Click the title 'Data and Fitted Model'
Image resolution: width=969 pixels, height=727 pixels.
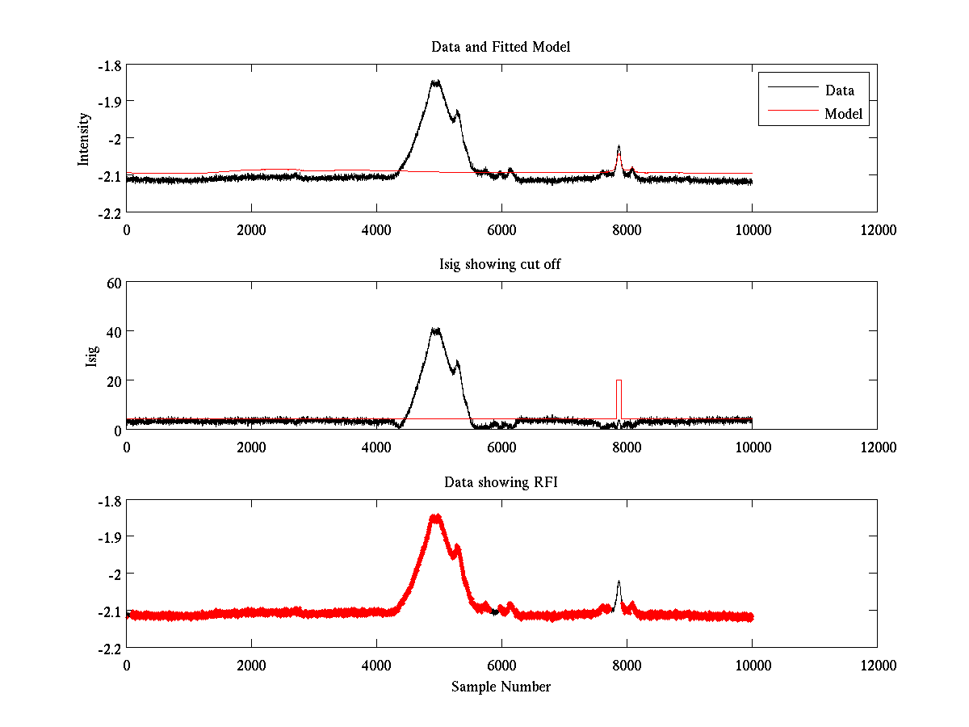coord(501,47)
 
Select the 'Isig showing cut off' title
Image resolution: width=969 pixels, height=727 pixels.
coord(501,265)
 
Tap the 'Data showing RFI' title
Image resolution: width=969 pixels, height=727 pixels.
coord(501,482)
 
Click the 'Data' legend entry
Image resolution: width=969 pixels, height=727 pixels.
coord(839,90)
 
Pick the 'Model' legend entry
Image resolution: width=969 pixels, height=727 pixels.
coord(843,114)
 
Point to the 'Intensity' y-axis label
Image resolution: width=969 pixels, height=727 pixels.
coord(84,139)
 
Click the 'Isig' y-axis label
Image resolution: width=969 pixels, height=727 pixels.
coord(91,356)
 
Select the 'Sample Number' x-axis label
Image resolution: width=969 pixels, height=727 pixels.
coord(501,687)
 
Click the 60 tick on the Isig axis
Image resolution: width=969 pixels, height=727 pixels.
coord(111,283)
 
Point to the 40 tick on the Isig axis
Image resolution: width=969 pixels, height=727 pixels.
coord(111,331)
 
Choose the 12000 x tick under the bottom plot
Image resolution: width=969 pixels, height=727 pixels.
coord(877,665)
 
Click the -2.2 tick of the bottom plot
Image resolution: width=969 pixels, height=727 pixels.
coord(111,648)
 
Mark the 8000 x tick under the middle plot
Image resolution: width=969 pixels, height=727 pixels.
coord(627,447)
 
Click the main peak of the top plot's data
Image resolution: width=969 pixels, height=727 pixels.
coord(436,82)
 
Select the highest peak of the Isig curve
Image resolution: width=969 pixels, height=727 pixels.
coord(436,330)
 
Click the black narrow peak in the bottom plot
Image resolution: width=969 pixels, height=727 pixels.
coord(619,583)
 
